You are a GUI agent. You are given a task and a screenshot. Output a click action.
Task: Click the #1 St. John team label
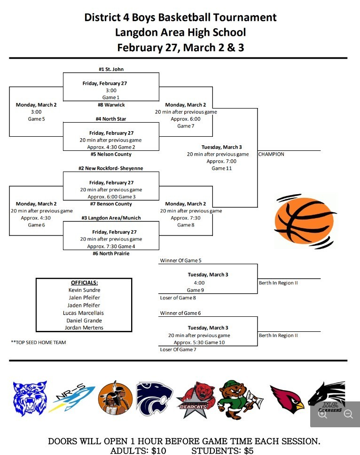[x=111, y=69]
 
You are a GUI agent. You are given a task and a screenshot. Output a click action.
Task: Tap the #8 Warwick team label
[x=111, y=105]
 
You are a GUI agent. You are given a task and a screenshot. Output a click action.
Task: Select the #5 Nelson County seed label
[x=111, y=154]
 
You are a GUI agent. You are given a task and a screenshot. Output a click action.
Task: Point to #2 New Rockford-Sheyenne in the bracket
[x=111, y=168]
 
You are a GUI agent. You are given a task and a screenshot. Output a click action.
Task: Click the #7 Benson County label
[x=111, y=204]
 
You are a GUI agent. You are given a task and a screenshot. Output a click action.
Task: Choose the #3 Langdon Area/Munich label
[x=111, y=218]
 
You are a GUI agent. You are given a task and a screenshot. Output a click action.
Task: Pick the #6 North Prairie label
[x=111, y=253]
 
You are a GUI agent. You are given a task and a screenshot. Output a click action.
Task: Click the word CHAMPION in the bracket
[x=271, y=154]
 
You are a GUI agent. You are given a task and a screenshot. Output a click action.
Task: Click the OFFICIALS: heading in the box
[x=84, y=282]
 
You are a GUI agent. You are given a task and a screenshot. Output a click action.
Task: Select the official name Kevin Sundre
[x=84, y=290]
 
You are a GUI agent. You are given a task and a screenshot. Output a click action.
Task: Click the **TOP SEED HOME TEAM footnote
[x=39, y=342]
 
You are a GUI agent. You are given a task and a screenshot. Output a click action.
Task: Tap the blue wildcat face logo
[x=30, y=398]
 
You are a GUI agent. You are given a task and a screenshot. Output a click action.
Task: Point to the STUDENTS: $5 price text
[x=222, y=451]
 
